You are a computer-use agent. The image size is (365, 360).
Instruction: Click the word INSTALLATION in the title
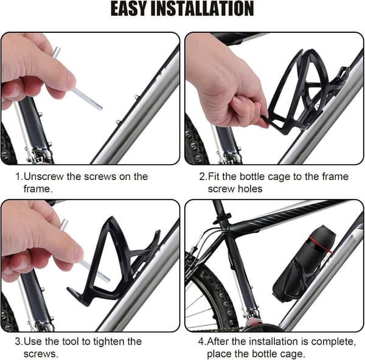pyautogui.click(x=203, y=9)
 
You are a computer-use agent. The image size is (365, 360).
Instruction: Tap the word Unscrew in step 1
pyautogui.click(x=44, y=176)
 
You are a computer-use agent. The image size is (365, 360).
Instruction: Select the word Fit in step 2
pyautogui.click(x=214, y=176)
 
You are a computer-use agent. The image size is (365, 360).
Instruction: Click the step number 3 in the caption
pyautogui.click(x=18, y=342)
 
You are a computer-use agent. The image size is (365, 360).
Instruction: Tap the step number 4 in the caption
pyautogui.click(x=201, y=342)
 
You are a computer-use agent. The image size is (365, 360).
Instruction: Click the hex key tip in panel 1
pyautogui.click(x=100, y=108)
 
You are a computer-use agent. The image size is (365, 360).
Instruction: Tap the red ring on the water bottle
pyautogui.click(x=321, y=246)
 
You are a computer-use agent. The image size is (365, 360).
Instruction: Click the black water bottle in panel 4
pyautogui.click(x=304, y=263)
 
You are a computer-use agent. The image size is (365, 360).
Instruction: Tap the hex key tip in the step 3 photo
pyautogui.click(x=107, y=279)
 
